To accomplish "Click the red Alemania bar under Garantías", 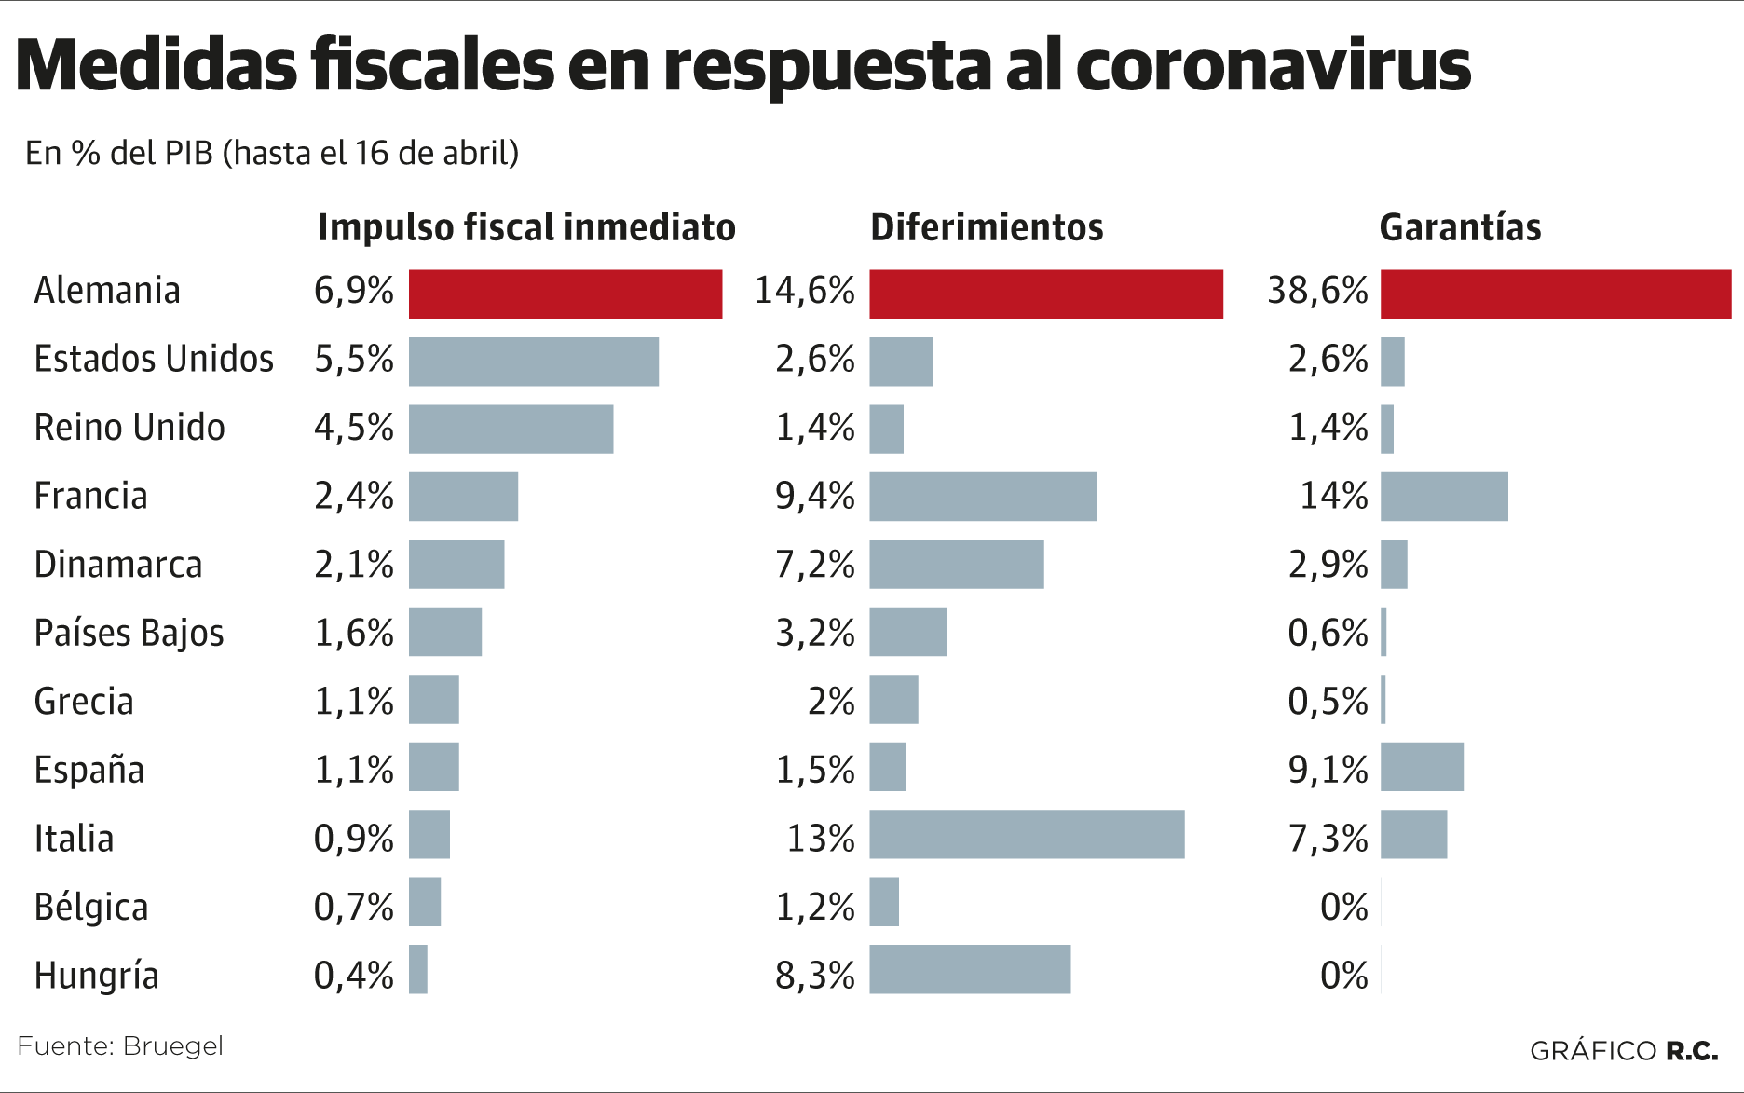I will pos(1555,294).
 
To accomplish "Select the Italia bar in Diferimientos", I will pos(1027,834).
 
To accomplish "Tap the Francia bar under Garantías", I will pos(1444,497).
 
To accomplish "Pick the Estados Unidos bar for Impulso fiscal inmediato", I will pos(534,362).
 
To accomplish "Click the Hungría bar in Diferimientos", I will pos(970,969).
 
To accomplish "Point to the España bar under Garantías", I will pos(1422,767).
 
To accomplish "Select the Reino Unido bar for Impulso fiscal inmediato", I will pos(511,429).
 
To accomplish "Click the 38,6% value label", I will pos(1317,291).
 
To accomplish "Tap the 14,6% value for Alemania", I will pos(804,291).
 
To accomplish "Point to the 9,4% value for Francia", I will pos(815,496).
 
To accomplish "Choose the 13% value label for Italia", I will pos(821,839).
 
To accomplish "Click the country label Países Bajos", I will pos(129,633).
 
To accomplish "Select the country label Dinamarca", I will pos(118,565).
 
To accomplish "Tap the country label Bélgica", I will pos(91,907).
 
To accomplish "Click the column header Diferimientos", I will pos(987,227).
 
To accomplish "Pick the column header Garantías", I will pos(1460,227).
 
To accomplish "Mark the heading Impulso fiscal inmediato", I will pos(526,227).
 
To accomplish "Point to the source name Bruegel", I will pos(172,1046).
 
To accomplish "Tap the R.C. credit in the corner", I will pos(1692,1051).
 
